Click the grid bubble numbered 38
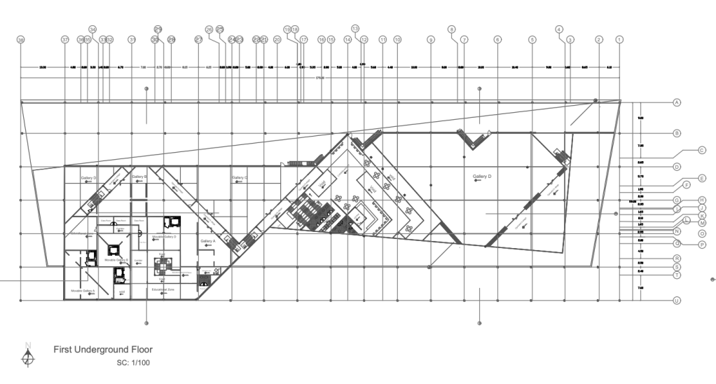[21, 40]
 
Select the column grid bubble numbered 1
[619, 40]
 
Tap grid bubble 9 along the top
[430, 40]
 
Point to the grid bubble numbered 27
[198, 40]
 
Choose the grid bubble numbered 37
[65, 40]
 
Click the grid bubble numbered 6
[497, 40]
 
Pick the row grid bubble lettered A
[677, 103]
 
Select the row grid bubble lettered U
[677, 301]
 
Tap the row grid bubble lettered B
[677, 133]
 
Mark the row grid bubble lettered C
[700, 150]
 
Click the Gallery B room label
[140, 177]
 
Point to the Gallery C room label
[240, 178]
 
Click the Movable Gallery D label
[164, 238]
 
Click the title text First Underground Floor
[103, 348]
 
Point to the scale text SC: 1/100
[133, 363]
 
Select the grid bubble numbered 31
[131, 40]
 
